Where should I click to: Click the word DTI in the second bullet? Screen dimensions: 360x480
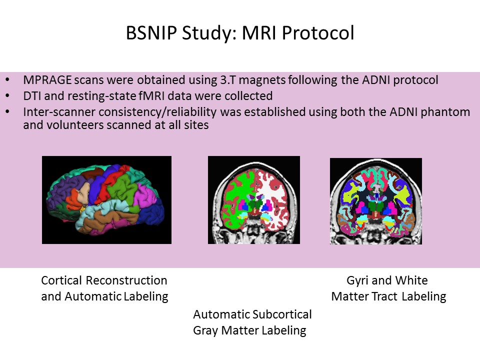click(31, 95)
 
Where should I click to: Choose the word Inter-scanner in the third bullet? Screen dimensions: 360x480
click(53, 111)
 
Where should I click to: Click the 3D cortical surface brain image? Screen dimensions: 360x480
click(106, 200)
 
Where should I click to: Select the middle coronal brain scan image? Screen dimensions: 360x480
click(253, 200)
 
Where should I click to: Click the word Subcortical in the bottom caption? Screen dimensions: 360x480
click(282, 314)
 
